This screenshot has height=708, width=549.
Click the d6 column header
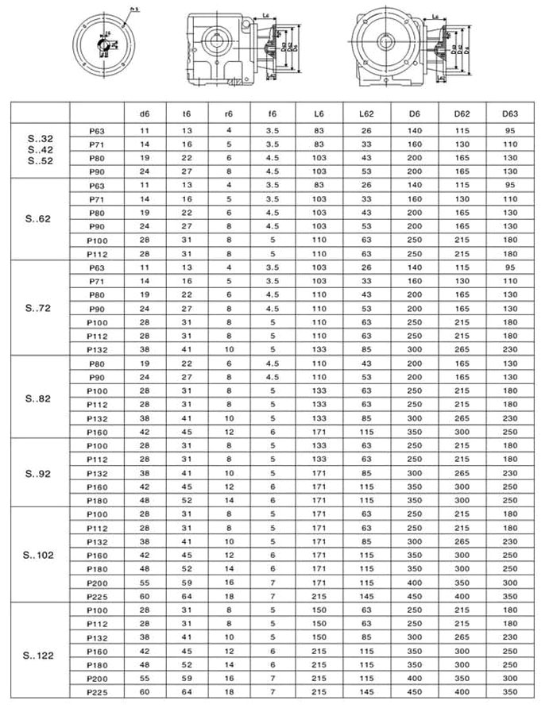pos(144,113)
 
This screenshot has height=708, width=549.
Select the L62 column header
pos(365,113)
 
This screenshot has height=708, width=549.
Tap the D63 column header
pos(509,113)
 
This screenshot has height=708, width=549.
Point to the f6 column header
pos(273,113)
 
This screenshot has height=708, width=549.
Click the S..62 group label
pos(38,218)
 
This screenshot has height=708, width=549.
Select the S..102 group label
pos(38,555)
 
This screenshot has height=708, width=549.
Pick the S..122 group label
pos(38,655)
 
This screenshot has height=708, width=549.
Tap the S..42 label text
pos(38,150)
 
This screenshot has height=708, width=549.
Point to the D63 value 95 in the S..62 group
pos(509,184)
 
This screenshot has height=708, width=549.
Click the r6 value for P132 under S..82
pos(230,417)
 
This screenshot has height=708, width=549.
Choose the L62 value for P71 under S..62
pos(365,198)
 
